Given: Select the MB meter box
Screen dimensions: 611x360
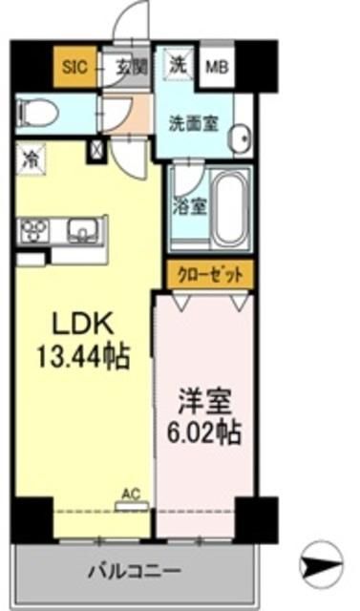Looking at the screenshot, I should pos(218,67).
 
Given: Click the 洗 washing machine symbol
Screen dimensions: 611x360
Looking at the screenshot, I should pos(178,65).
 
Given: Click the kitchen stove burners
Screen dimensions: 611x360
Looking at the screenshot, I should pos(37,230).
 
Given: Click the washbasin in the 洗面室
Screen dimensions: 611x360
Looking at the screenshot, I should pos(238,136).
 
